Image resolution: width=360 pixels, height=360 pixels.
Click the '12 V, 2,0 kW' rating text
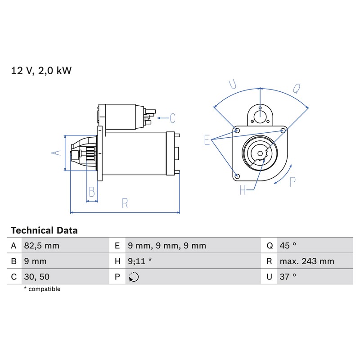coord(41,71)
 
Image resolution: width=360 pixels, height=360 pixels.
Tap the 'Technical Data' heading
coord(44,230)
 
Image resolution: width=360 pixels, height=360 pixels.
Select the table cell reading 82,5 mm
coord(42,246)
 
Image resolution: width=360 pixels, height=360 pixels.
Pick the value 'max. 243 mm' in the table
coord(307,261)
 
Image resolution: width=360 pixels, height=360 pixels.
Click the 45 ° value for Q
coord(288,246)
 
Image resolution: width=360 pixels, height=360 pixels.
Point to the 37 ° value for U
coord(288,277)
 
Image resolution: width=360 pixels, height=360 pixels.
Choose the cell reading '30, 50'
coord(37,277)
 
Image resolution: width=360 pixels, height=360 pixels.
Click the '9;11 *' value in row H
coord(140,261)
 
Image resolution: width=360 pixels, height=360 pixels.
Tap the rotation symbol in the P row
coord(134,277)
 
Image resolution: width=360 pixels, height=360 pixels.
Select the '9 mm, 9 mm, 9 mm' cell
coord(167,246)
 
